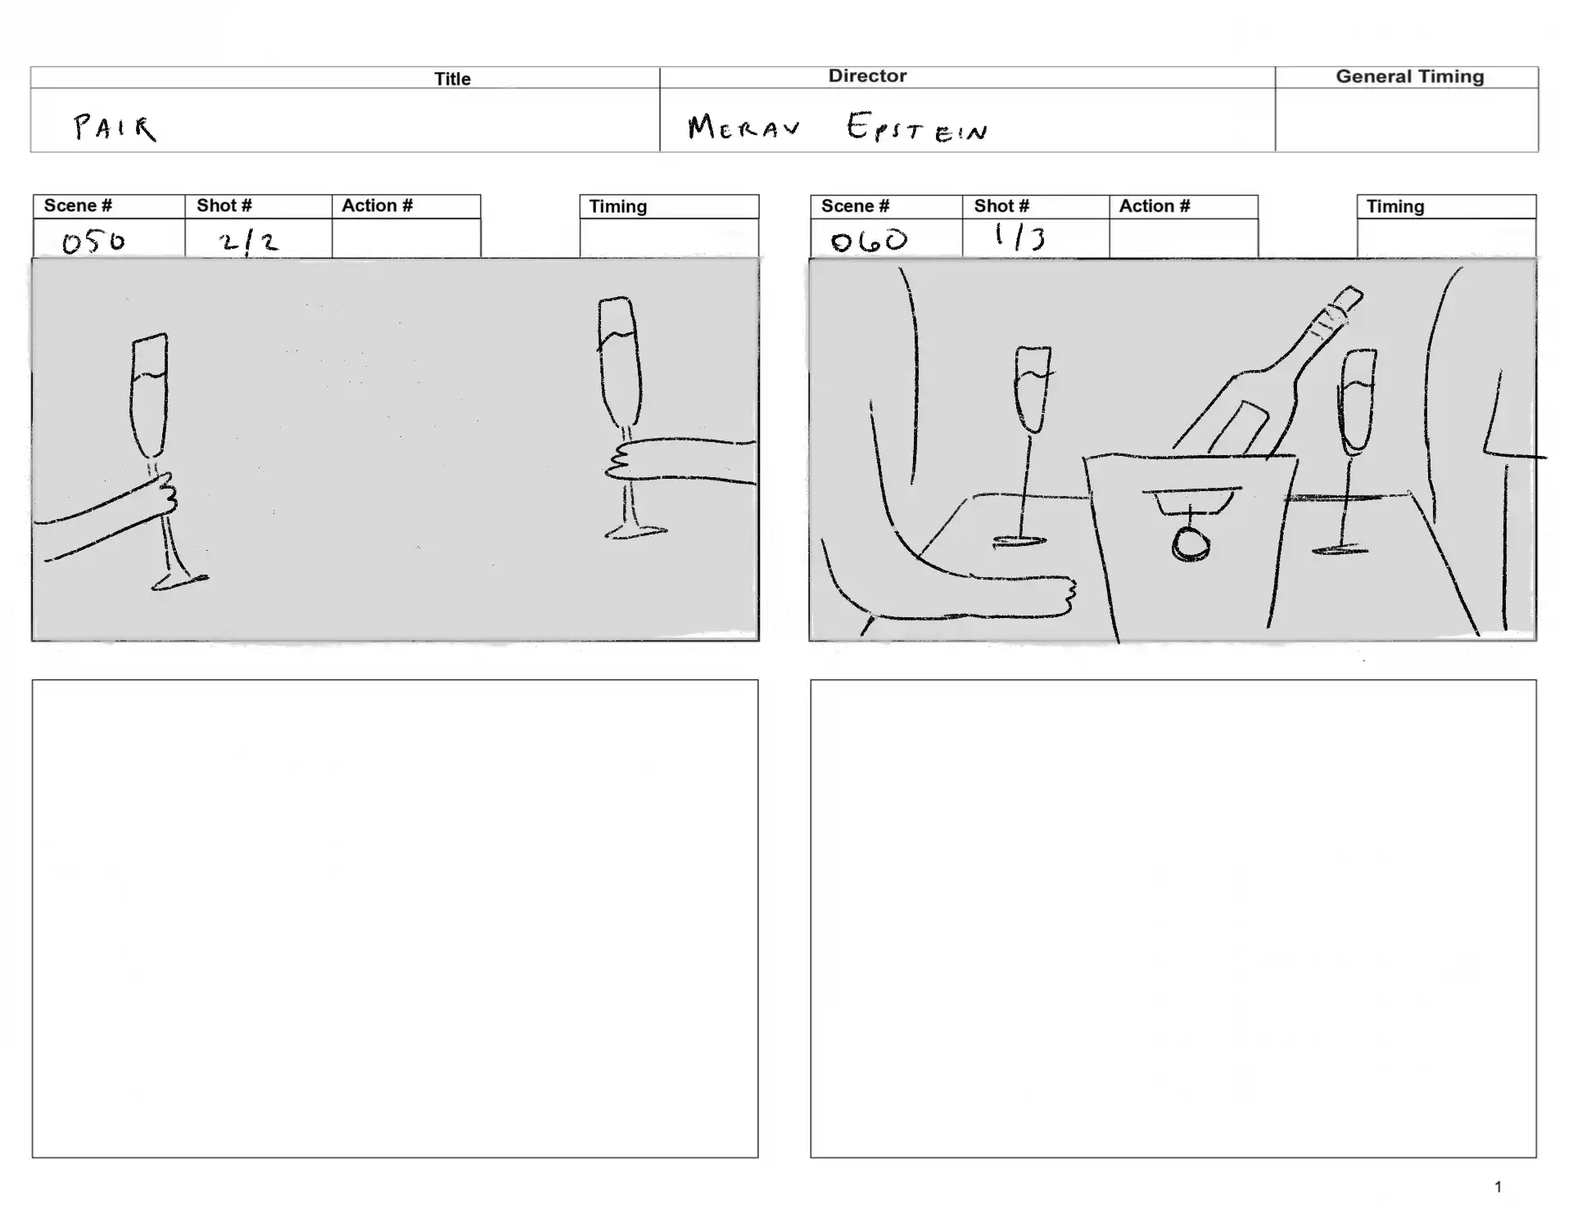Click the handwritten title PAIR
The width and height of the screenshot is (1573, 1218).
[115, 127]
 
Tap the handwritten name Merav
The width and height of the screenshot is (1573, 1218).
[744, 127]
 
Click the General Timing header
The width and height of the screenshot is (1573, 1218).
[1409, 76]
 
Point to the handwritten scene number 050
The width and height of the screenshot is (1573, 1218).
[93, 241]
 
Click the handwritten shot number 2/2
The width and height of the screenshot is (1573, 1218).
[248, 242]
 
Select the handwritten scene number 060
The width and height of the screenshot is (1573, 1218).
[869, 240]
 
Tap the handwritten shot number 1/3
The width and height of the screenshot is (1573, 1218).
[1019, 237]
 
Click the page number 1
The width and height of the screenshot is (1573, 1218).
[1498, 1186]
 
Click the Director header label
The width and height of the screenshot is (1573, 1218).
[867, 75]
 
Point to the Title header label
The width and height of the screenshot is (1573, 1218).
[452, 79]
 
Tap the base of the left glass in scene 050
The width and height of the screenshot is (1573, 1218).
[179, 581]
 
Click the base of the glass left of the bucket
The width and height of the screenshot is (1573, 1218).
[1019, 541]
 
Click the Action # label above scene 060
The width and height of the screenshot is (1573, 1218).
[1155, 205]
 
